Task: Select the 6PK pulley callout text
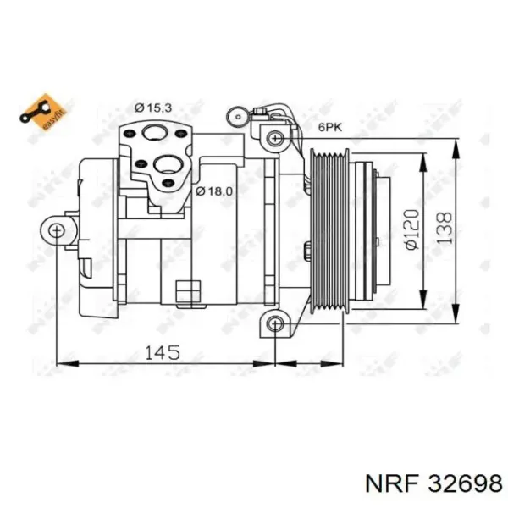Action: [x=330, y=127]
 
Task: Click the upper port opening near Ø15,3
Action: [x=154, y=132]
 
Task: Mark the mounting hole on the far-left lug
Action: [x=56, y=229]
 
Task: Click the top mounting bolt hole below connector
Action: [x=273, y=138]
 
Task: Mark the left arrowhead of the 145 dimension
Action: [x=62, y=365]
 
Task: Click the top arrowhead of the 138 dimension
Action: [x=456, y=141]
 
